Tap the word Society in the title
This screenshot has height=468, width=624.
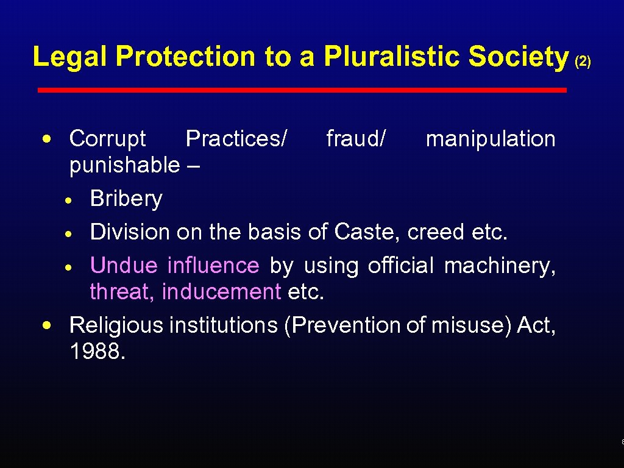tap(519, 57)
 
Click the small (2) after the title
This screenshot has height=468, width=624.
tap(583, 62)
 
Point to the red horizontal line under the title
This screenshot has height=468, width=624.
tap(302, 90)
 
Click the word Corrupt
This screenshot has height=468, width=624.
tap(108, 139)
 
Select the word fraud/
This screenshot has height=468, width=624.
tap(356, 139)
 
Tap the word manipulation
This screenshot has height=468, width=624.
tap(491, 139)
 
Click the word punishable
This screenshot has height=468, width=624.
tap(125, 165)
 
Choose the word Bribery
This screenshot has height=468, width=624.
tap(126, 199)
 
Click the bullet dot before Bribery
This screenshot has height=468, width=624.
tap(71, 200)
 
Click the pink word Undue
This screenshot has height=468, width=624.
tap(124, 266)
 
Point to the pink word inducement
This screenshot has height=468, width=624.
tap(221, 292)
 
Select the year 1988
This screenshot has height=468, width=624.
tap(97, 352)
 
